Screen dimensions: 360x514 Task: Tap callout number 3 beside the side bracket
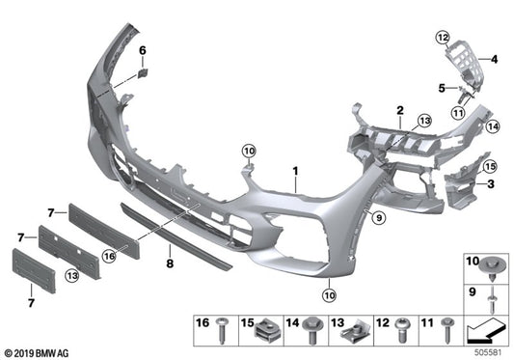(x=489, y=182)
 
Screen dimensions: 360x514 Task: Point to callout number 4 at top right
(x=494, y=60)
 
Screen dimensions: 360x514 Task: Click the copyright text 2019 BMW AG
(x=41, y=351)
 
